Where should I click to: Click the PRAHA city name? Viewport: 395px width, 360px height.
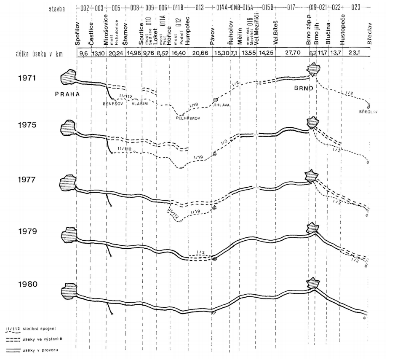tap(67, 94)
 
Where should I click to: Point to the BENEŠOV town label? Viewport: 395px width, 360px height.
tap(112, 103)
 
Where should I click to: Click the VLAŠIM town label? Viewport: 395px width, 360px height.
tap(140, 103)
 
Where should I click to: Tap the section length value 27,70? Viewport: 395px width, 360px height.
tap(291, 54)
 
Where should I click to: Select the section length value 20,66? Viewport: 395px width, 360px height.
tap(198, 54)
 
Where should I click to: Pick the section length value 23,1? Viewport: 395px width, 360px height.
tap(356, 54)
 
